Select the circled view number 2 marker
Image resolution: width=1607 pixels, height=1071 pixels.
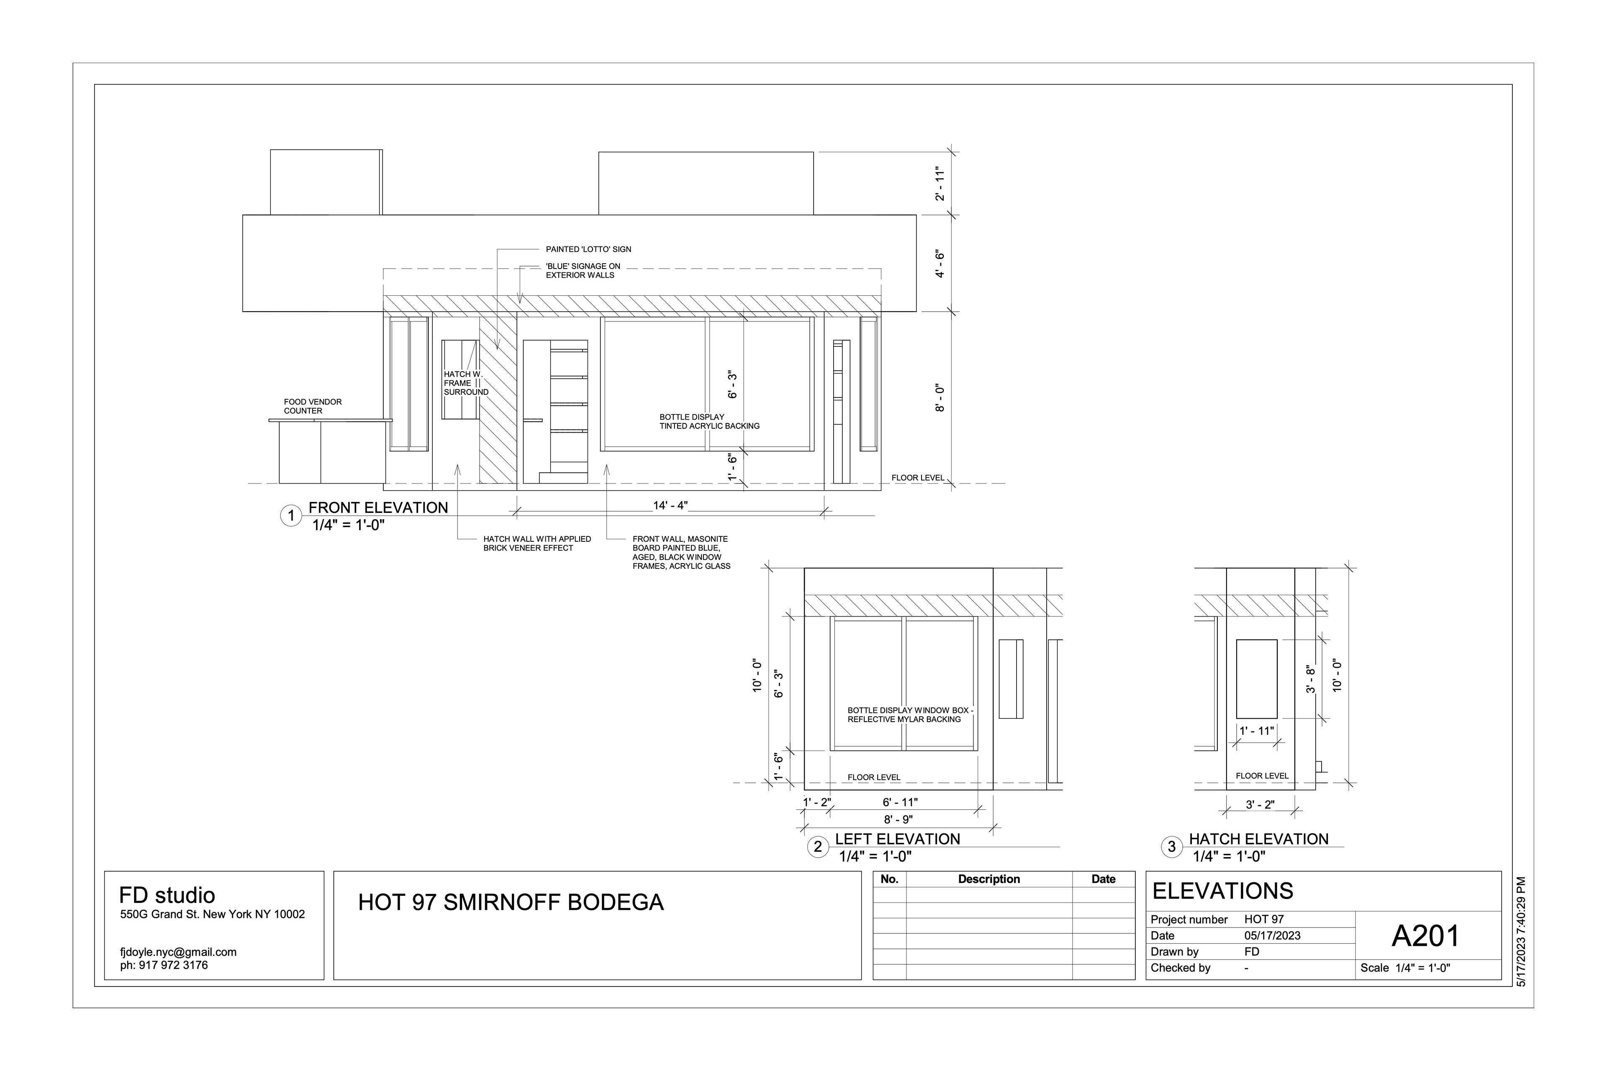(x=817, y=847)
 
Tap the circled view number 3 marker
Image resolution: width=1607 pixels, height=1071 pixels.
(x=1172, y=847)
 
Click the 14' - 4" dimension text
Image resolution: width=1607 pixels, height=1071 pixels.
(x=670, y=505)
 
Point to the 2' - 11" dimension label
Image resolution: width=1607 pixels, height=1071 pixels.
(x=940, y=183)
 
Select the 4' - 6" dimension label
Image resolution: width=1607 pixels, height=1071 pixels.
(x=940, y=264)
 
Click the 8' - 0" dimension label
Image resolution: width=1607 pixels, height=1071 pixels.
(x=940, y=398)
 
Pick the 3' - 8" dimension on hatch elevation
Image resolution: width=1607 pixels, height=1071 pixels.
(x=1310, y=679)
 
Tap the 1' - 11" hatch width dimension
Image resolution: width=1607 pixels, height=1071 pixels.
(x=1256, y=731)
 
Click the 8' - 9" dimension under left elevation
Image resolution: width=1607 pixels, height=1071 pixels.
(x=898, y=820)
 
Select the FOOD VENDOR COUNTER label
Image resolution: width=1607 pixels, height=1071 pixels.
(x=312, y=406)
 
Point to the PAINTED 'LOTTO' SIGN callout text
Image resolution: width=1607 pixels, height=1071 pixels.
(x=588, y=249)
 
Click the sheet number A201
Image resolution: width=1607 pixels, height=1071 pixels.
(x=1426, y=936)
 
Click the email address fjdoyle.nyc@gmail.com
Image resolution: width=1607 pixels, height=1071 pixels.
(x=178, y=952)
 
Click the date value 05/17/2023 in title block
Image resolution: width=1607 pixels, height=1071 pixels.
(x=1272, y=936)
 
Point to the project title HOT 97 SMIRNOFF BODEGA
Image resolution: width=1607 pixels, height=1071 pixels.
(x=511, y=902)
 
